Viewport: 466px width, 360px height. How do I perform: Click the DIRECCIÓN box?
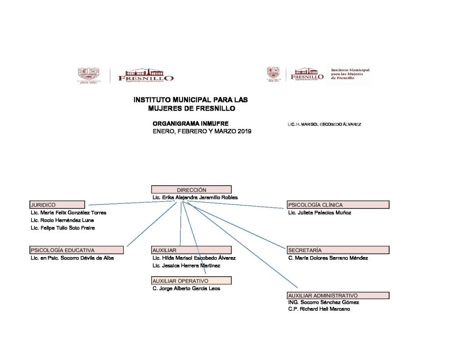191,190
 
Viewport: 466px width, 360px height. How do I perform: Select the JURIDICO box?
57,205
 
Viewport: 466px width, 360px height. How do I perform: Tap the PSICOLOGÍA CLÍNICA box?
338,205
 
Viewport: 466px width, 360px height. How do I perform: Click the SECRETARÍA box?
338,250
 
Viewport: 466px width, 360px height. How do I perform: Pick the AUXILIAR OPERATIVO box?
191,280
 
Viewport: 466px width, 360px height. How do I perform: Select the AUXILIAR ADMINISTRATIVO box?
338,295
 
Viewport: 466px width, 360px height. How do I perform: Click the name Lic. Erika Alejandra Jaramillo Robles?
195,198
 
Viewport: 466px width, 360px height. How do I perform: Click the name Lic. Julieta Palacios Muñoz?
319,213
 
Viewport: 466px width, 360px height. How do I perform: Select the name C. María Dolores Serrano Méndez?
328,258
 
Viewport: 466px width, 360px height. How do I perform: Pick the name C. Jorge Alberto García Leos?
186,288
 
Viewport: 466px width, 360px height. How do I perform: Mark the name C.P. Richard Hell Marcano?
319,309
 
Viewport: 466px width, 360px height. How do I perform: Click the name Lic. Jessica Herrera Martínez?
187,265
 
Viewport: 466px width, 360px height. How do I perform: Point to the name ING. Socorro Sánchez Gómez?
324,302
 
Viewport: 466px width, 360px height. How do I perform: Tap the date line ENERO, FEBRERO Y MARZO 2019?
202,131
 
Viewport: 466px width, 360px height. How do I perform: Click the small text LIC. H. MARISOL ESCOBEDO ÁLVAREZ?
324,124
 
